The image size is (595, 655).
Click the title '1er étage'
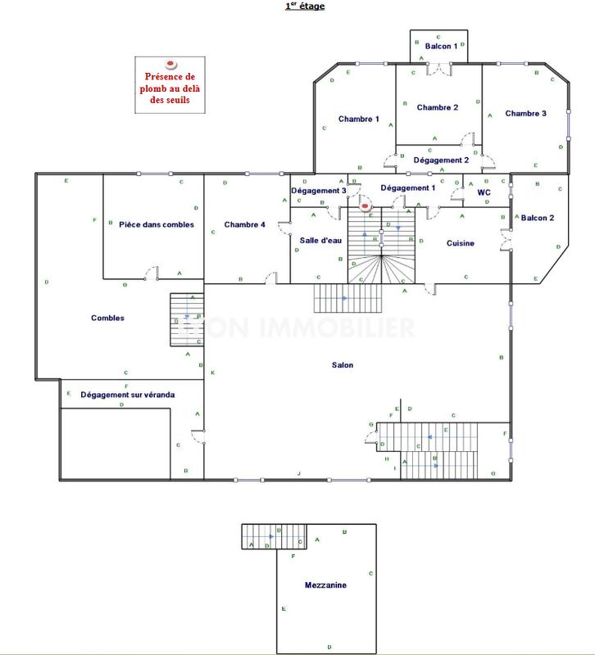pos(304,7)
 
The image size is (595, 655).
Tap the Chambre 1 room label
pos(359,120)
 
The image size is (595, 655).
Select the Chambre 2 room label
pos(438,107)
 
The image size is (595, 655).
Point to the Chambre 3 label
pos(525,113)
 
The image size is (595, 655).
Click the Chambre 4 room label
pos(244,224)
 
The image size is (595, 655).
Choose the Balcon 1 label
pos(441,46)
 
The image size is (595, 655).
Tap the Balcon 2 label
pos(538,218)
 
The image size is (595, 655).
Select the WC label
pos(484,192)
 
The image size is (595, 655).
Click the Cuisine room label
pos(461,243)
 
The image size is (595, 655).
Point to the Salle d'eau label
pos(320,238)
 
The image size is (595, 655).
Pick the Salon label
pos(343,365)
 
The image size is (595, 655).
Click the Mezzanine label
pos(325,585)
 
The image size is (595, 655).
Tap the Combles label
pos(107,318)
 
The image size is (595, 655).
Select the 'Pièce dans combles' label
pos(156,224)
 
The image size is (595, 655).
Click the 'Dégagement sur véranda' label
pos(127,395)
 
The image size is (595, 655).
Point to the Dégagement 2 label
pos(441,160)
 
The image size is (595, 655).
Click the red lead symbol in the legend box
pos(171,62)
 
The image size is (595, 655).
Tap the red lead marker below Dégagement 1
pos(366,207)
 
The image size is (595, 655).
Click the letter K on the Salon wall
pos(212,373)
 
